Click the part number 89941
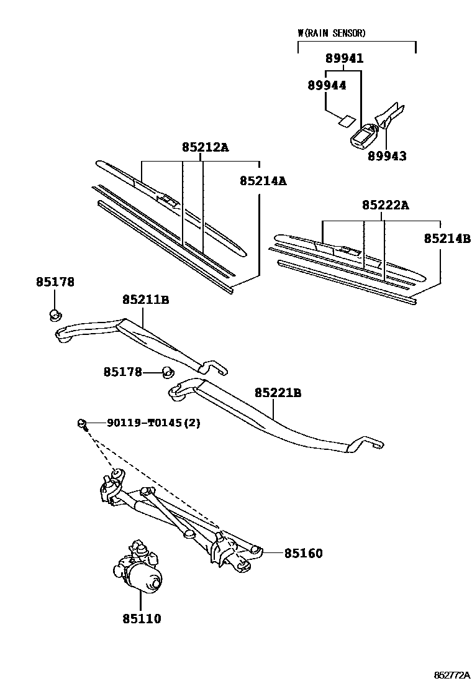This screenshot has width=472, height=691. point(344,58)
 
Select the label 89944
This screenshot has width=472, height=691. point(327,86)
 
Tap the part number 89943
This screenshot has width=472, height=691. point(387,156)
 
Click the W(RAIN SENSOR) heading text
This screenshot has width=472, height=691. point(332,33)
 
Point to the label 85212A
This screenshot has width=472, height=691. point(206,147)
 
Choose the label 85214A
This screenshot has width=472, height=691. point(263,181)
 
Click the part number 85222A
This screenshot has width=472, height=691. point(386,205)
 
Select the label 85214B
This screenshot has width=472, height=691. point(447,239)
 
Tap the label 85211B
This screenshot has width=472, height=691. point(146,300)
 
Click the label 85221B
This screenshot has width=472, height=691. point(278,393)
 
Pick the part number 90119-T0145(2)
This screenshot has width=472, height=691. point(153,423)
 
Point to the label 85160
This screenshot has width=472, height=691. point(303,553)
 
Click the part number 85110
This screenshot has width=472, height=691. point(142,619)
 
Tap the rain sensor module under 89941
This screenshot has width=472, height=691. point(364,135)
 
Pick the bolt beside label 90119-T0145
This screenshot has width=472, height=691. point(83,424)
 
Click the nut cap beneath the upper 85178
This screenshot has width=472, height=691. point(55,314)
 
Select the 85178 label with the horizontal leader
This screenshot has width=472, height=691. point(123,372)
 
